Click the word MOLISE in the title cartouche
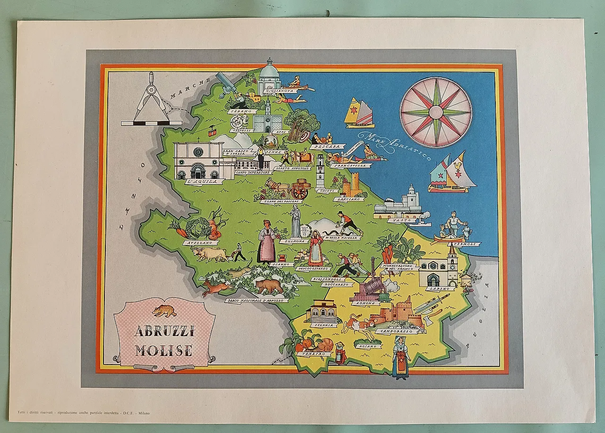pyautogui.click(x=164, y=350)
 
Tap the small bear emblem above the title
pyautogui.click(x=164, y=311)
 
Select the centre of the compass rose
pyautogui.click(x=436, y=112)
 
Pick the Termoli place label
pyautogui.click(x=466, y=244)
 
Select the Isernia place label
pyautogui.click(x=323, y=325)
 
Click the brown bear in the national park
pyautogui.click(x=268, y=286)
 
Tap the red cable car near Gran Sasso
pyautogui.click(x=213, y=130)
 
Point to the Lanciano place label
pyautogui.click(x=348, y=199)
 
